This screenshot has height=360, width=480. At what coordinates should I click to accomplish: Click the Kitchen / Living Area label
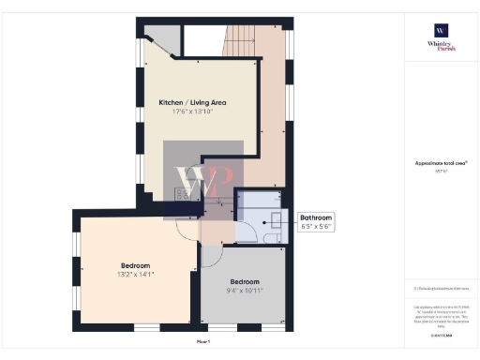[x=192, y=102]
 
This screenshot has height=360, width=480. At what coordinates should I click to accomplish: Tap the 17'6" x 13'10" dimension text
[x=192, y=112]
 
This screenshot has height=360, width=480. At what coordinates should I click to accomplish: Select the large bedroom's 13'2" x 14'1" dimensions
[x=135, y=274]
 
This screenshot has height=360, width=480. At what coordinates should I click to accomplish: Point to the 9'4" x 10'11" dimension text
[x=246, y=292]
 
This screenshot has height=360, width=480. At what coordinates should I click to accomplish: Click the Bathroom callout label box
[x=314, y=222]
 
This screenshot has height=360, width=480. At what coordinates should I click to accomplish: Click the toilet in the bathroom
[x=273, y=239]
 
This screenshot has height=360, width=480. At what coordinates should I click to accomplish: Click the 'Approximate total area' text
[x=441, y=163]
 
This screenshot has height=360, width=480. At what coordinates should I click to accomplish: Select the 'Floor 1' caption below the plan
[x=202, y=342]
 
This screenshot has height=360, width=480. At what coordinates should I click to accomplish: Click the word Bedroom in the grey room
[x=246, y=282]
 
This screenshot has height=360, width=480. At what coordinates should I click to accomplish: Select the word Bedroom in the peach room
[x=135, y=264]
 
